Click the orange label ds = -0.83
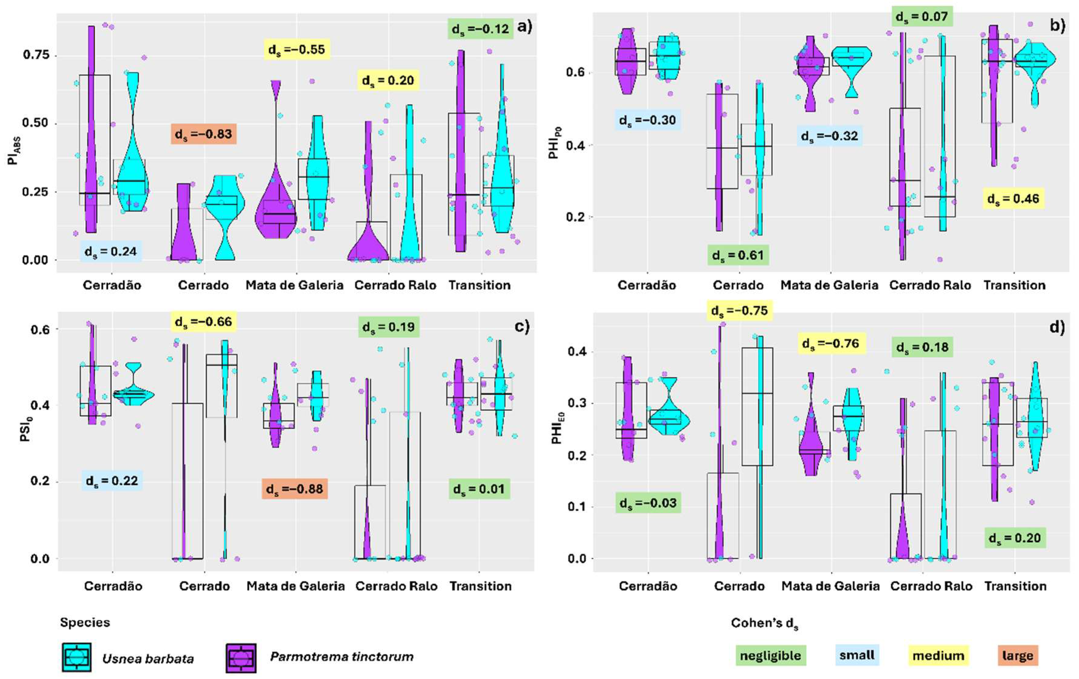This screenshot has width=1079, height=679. point(204,134)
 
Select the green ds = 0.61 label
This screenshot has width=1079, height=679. point(738,255)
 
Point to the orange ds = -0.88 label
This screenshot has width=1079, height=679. point(295,489)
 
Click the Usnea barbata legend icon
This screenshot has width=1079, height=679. point(77,657)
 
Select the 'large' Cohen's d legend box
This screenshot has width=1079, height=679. point(1017,656)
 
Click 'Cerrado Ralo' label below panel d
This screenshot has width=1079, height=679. point(931,586)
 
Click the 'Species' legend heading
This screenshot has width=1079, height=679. point(85,622)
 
